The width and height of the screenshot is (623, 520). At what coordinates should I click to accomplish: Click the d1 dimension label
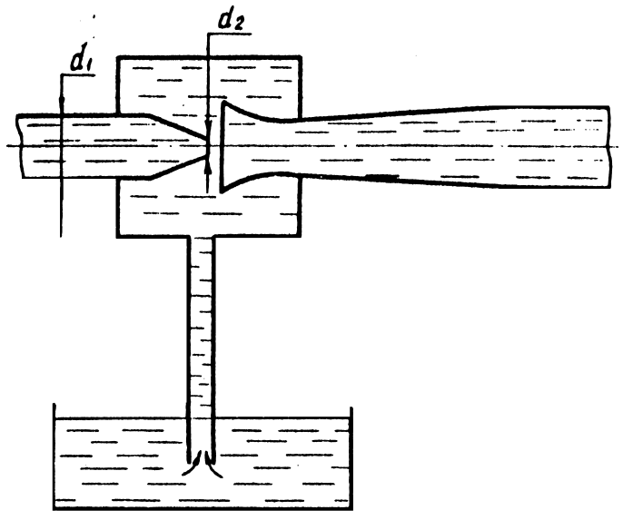click(x=79, y=61)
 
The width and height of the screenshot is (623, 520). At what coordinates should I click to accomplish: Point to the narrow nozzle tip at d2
click(x=207, y=146)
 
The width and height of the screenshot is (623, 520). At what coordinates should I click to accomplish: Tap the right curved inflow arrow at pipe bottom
click(x=214, y=466)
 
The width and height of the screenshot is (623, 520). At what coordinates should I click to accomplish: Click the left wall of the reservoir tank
click(x=55, y=454)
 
